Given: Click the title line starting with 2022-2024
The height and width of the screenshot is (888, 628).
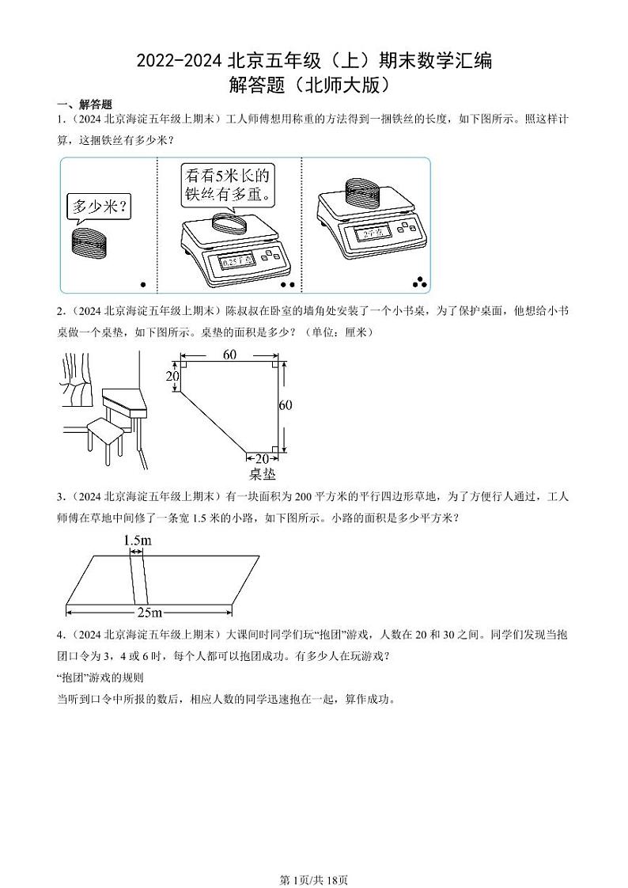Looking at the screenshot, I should (314, 61).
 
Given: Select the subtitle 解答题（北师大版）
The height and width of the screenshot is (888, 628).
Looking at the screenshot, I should (314, 84).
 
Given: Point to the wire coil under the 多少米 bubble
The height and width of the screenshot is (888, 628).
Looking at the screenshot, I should (89, 241).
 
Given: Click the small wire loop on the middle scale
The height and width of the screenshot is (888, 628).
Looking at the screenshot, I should (230, 221).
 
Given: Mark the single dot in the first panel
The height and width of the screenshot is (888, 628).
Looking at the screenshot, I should (143, 284).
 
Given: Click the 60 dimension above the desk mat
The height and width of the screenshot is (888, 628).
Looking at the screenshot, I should (229, 355).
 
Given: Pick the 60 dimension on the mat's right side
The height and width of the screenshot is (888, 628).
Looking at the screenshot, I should (286, 405).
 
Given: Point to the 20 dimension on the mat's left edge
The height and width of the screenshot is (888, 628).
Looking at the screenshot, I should (172, 377).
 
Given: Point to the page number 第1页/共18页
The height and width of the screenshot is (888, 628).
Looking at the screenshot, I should (314, 879).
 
